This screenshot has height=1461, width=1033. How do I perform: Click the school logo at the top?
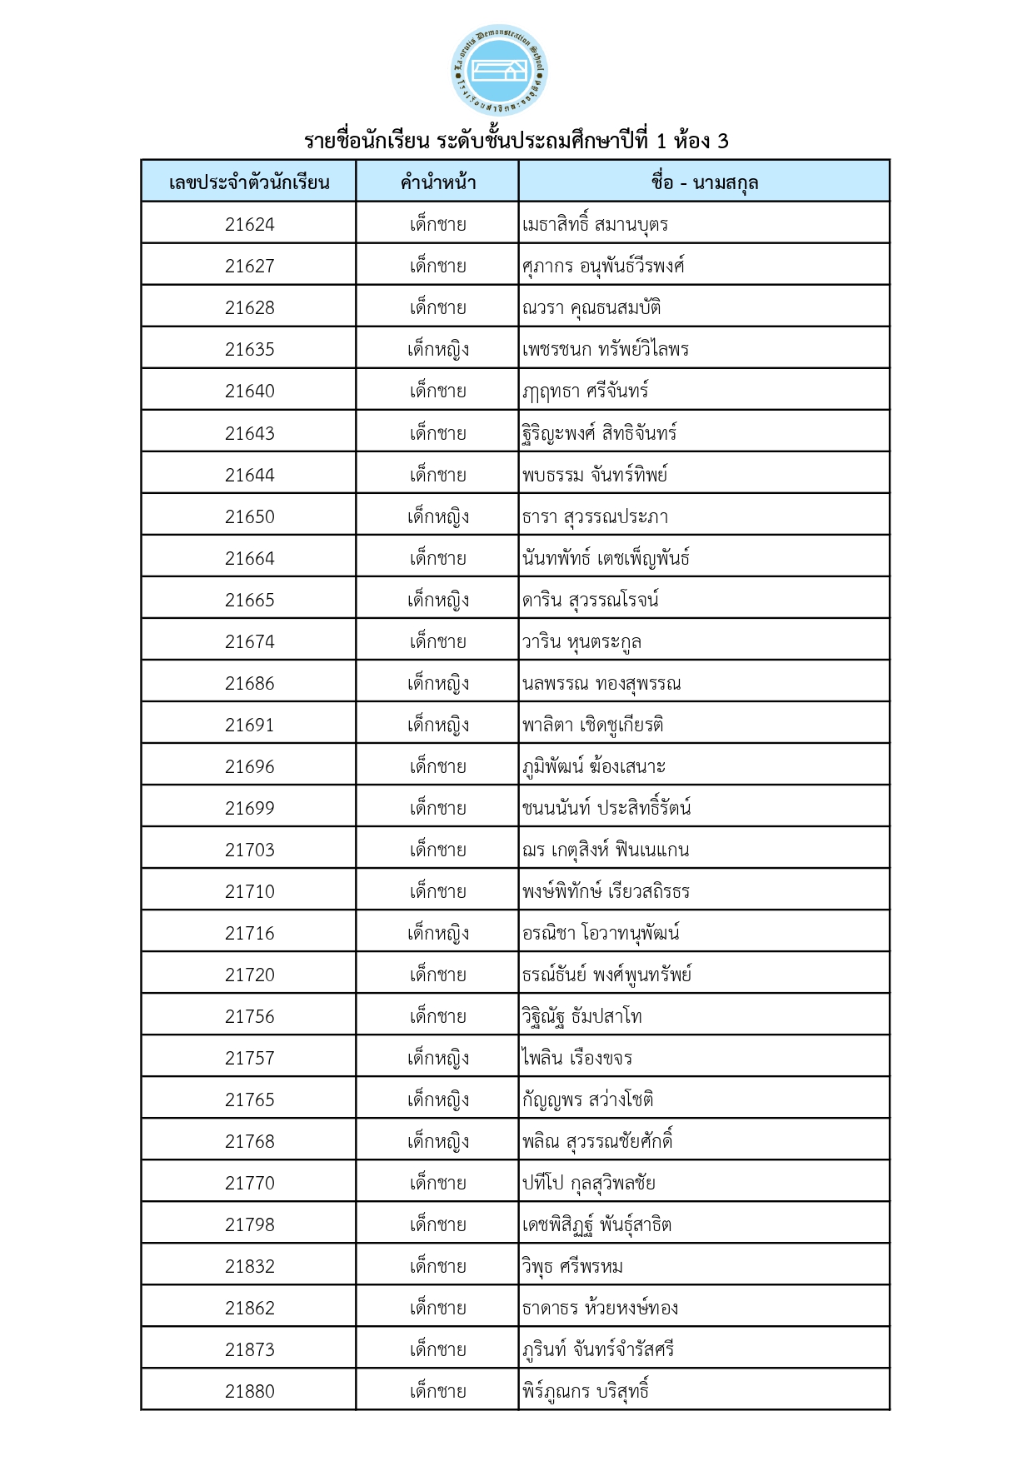pyautogui.click(x=498, y=71)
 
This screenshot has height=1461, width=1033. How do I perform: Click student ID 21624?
pyautogui.click(x=249, y=224)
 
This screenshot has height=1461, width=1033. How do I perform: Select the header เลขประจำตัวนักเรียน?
pyautogui.click(x=249, y=182)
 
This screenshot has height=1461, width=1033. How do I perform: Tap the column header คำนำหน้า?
pyautogui.click(x=437, y=182)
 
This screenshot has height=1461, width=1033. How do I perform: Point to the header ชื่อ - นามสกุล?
pyautogui.click(x=704, y=182)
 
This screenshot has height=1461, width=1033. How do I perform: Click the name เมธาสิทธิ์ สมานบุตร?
pyautogui.click(x=595, y=224)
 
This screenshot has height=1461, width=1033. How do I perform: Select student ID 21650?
pyautogui.click(x=249, y=516)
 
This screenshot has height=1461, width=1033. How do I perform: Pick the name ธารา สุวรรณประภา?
pyautogui.click(x=595, y=516)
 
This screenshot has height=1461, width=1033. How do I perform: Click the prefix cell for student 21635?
pyautogui.click(x=437, y=349)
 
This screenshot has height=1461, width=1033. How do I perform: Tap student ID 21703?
pyautogui.click(x=249, y=850)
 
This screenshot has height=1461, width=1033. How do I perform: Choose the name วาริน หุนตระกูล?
pyautogui.click(x=581, y=641)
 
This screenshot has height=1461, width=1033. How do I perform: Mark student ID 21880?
pyautogui.click(x=249, y=1391)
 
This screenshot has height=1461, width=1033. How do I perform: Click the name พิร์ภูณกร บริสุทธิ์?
pyautogui.click(x=585, y=1391)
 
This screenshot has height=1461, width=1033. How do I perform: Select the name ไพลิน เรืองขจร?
pyautogui.click(x=576, y=1058)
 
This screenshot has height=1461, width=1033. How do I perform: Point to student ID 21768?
pyautogui.click(x=249, y=1141)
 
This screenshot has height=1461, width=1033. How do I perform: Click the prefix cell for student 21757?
pyautogui.click(x=437, y=1058)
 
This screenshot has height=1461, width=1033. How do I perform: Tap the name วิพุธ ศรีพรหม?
pyautogui.click(x=572, y=1266)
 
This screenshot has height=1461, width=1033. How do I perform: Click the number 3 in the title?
pyautogui.click(x=722, y=141)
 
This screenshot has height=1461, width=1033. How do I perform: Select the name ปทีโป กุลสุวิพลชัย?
pyautogui.click(x=588, y=1183)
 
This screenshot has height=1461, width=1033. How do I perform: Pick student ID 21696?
pyautogui.click(x=249, y=766)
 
